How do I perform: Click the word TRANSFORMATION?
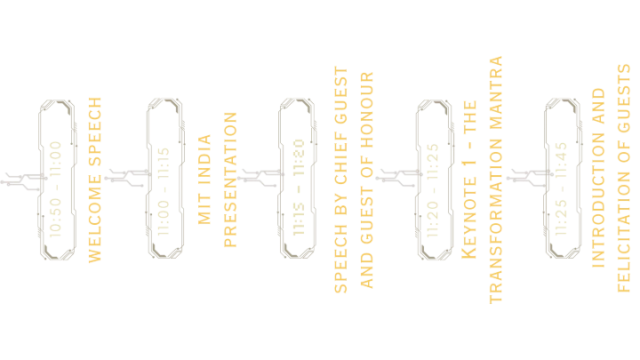click(x=498, y=223)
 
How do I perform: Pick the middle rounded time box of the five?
click(x=298, y=179)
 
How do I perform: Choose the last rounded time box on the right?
click(x=563, y=179)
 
